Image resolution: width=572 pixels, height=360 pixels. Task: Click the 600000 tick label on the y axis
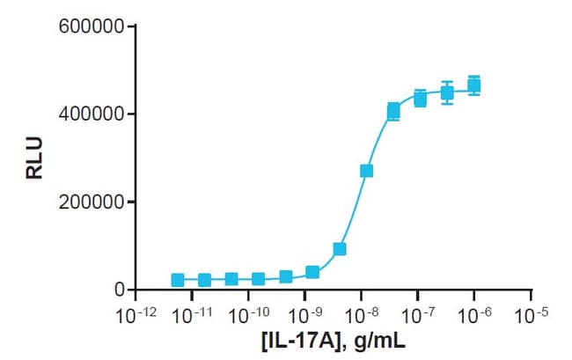tap(92, 26)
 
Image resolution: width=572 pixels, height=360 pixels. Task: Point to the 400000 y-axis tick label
tap(92, 114)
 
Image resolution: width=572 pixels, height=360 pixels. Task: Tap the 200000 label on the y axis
tap(92, 202)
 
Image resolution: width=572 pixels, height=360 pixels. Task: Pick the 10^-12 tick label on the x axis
tap(133, 312)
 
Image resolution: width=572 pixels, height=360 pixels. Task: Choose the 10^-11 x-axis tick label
tap(190, 312)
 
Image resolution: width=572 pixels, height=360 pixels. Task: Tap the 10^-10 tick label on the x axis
tap(247, 312)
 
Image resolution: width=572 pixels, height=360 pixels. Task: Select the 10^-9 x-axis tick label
tap(304, 312)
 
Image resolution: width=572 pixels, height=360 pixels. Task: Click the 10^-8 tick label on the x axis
tap(362, 312)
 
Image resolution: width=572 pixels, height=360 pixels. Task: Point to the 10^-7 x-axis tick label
tap(419, 312)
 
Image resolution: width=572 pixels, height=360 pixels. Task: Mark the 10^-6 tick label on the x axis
tap(476, 312)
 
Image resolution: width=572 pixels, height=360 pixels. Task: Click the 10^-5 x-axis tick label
tap(533, 312)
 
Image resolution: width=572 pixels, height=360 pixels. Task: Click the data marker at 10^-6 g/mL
tap(474, 85)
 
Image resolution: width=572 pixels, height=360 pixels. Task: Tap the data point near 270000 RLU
tap(366, 171)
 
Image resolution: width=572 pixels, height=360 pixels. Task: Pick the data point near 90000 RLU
tap(340, 249)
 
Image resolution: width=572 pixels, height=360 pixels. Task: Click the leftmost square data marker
tap(178, 280)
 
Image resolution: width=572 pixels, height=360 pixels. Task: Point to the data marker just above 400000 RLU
tap(393, 111)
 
